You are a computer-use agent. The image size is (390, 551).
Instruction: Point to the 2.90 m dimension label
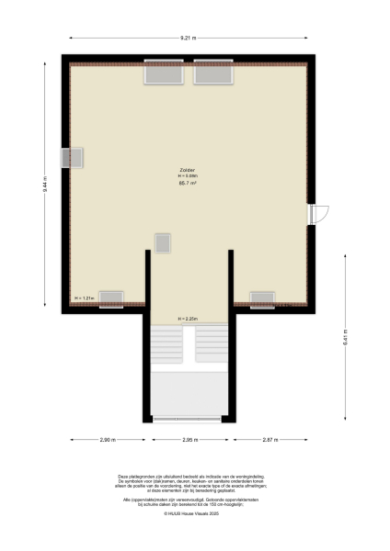point(107,441)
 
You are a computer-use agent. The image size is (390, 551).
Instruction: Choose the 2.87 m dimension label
point(269,441)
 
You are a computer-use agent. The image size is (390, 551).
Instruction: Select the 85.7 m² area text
point(188,183)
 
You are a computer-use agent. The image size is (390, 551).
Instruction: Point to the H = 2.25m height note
point(188,320)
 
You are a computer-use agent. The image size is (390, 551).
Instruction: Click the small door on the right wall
point(317,213)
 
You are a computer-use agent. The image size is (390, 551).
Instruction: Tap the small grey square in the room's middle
point(163,242)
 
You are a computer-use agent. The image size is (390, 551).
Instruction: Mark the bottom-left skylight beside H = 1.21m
point(111,298)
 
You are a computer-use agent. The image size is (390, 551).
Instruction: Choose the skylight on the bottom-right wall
point(262,298)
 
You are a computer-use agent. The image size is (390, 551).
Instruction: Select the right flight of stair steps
point(211,346)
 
